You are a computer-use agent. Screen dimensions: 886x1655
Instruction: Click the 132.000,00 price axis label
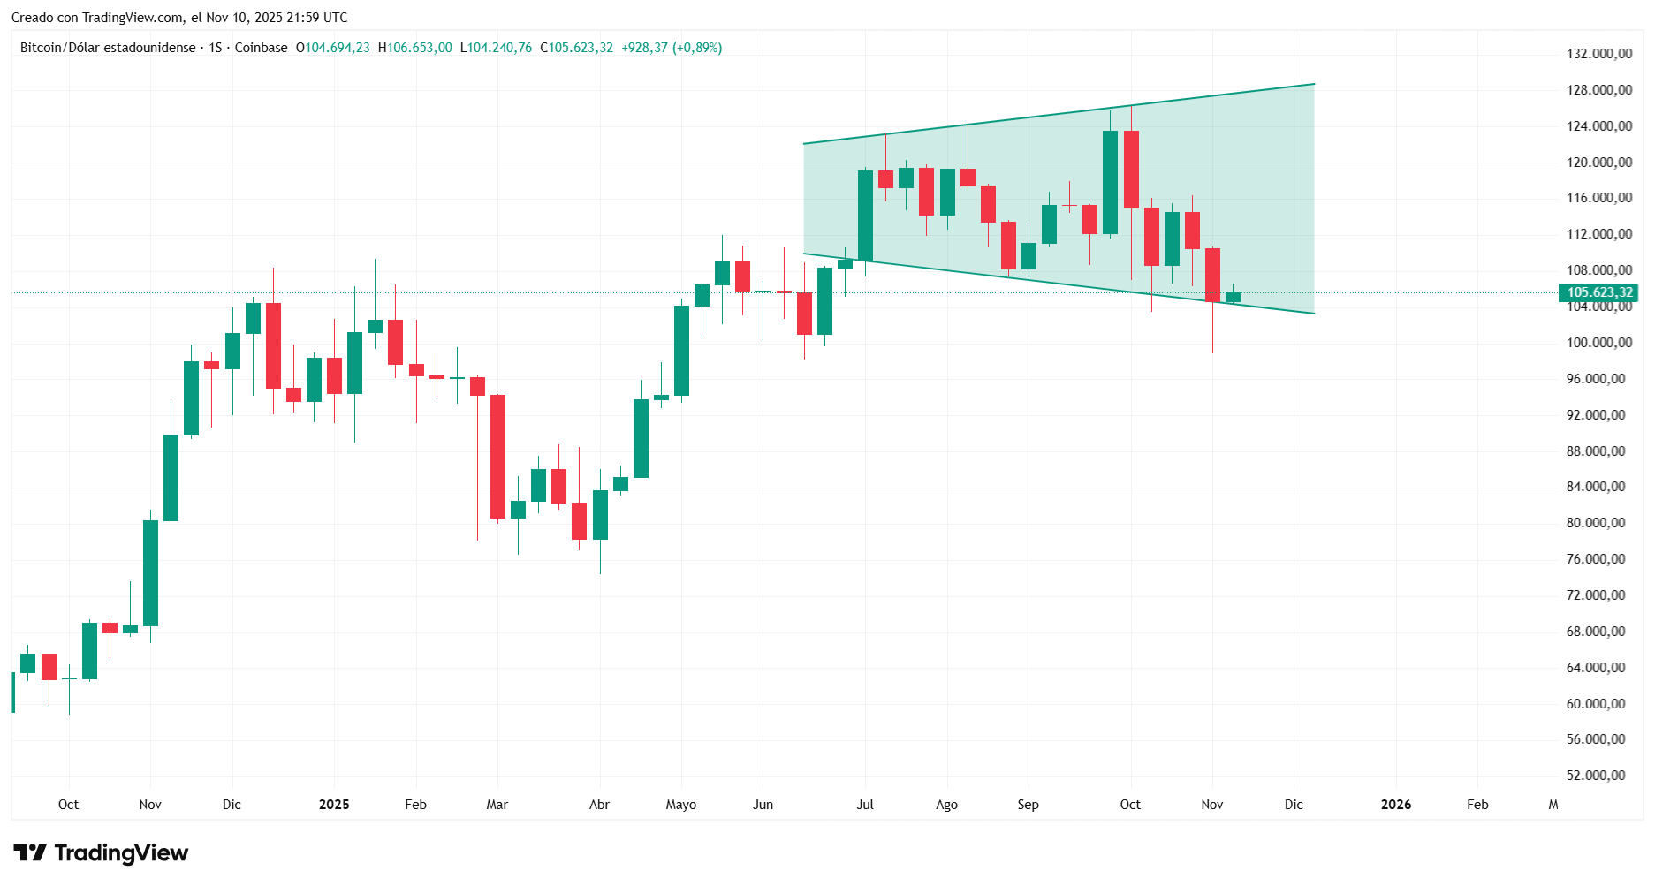(1598, 54)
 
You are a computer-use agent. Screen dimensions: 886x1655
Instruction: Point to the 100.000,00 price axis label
(1598, 343)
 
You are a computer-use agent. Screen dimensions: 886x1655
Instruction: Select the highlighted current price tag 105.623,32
(1598, 292)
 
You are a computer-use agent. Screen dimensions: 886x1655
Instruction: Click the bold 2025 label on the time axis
(334, 805)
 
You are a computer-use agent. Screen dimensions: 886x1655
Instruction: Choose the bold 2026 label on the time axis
(1396, 805)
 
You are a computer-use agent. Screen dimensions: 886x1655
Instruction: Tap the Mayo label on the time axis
(681, 805)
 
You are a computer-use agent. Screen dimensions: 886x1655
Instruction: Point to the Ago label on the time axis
(946, 805)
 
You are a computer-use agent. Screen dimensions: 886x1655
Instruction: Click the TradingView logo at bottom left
(101, 853)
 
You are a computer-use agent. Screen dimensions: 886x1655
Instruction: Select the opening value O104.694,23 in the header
(333, 48)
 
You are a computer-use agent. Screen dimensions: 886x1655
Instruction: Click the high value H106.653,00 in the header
(415, 48)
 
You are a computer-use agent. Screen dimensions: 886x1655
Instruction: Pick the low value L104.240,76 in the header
(497, 48)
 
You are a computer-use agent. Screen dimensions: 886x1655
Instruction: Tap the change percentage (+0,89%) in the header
(697, 48)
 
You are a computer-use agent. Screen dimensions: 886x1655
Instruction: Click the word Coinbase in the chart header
(261, 48)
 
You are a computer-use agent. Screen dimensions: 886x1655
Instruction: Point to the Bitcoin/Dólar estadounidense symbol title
(108, 48)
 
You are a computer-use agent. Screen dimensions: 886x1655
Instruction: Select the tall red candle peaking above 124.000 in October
(1131, 170)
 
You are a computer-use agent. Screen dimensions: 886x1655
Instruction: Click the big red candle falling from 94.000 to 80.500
(497, 456)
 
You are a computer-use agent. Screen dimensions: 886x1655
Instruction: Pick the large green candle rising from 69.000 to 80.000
(151, 572)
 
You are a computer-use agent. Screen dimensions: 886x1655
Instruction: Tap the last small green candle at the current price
(1233, 297)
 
